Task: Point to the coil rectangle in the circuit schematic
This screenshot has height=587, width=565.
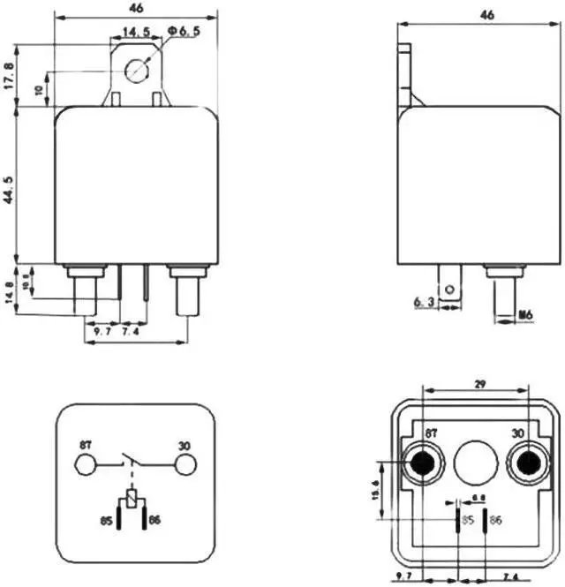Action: coord(132,501)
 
